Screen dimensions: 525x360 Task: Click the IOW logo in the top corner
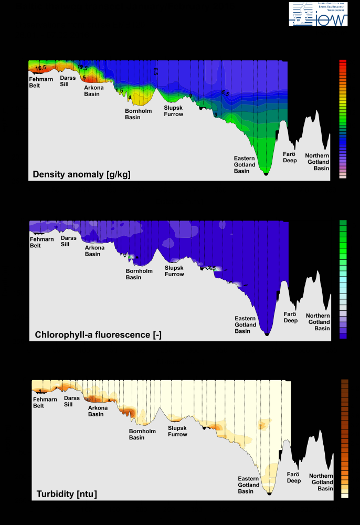[x=318, y=14]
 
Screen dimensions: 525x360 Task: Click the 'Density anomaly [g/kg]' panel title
[x=81, y=174]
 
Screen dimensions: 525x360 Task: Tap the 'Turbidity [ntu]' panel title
[x=67, y=494]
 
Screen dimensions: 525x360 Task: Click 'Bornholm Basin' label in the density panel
[x=135, y=114]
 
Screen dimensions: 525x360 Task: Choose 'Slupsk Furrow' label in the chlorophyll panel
[x=174, y=271]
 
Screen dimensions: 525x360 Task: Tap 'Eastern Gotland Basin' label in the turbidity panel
[x=249, y=485]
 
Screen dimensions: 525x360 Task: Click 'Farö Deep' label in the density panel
[x=290, y=157]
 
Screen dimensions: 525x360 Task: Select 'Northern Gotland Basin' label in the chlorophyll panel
[x=317, y=322]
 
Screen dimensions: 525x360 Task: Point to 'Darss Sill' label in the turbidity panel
[x=72, y=401]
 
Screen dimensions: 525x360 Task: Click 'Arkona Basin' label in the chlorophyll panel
[x=95, y=251]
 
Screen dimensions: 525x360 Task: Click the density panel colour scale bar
[x=343, y=119]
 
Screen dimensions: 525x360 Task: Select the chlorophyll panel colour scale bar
[x=343, y=279]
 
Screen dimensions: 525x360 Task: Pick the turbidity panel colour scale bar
[x=345, y=438]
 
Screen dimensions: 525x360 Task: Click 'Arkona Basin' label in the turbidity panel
[x=96, y=411]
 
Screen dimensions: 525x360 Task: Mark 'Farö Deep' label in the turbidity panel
[x=293, y=477]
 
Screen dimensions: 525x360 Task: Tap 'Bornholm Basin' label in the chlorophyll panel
[x=139, y=274]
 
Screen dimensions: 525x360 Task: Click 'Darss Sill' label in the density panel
[x=68, y=81]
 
